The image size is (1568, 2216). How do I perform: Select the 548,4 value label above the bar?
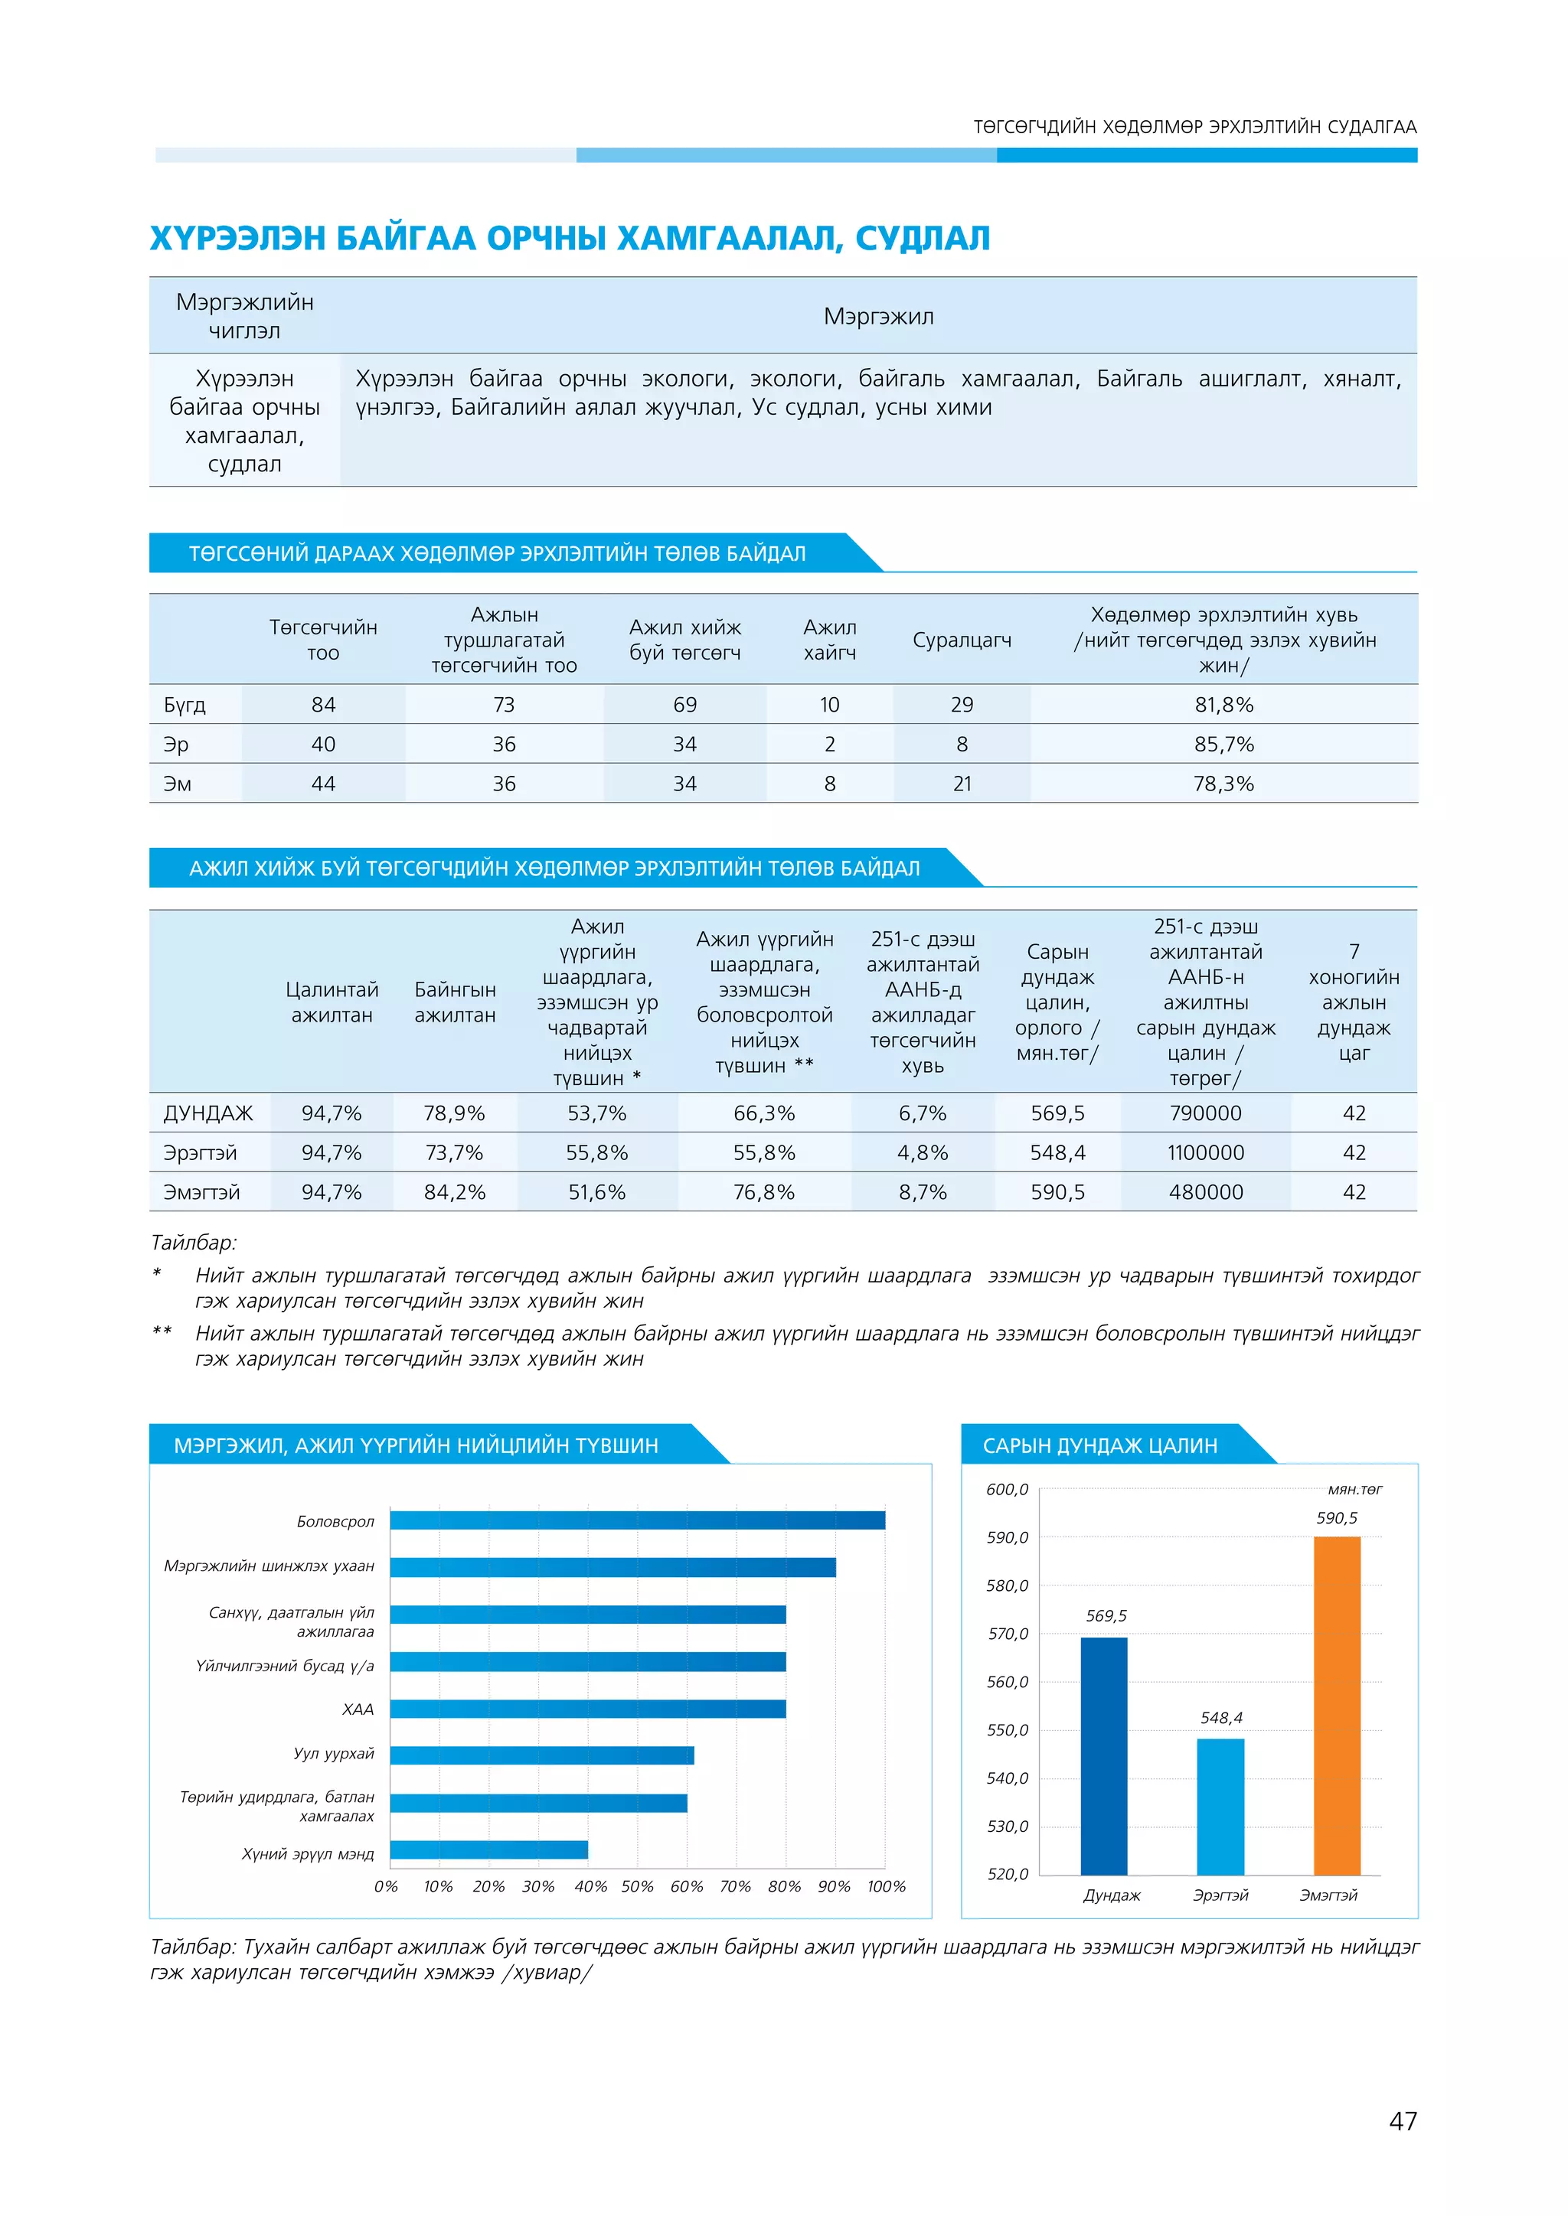tap(1221, 1718)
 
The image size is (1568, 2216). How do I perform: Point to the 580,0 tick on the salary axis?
tap(1007, 1585)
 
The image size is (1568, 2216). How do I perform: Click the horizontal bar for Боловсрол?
tap(637, 1520)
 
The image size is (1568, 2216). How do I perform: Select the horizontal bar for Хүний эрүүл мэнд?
tap(488, 1849)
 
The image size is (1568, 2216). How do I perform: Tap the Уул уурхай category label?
tap(334, 1754)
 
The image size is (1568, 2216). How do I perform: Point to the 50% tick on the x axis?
tap(637, 1886)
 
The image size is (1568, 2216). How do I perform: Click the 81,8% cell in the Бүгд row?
tap(1223, 705)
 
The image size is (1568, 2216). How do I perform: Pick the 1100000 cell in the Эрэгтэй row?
tap(1206, 1152)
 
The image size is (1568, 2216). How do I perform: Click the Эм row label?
tap(178, 784)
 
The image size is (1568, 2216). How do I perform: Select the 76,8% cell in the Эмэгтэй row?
tap(764, 1192)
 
